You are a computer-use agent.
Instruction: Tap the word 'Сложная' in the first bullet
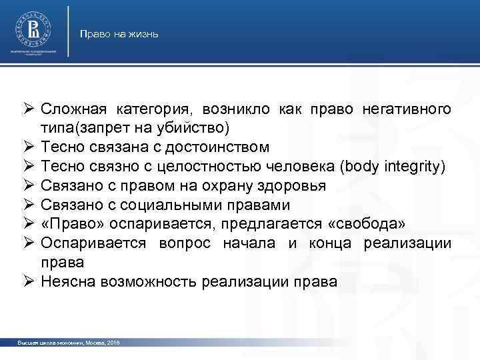point(73,108)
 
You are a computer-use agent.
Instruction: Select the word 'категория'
point(151,108)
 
